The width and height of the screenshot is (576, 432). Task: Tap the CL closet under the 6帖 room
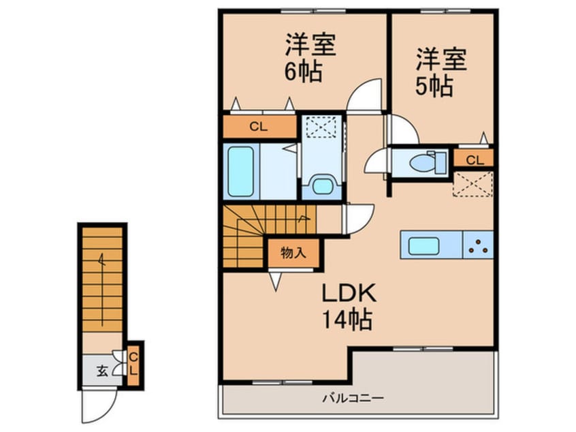pyautogui.click(x=258, y=126)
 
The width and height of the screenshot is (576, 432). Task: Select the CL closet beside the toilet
pyautogui.click(x=475, y=160)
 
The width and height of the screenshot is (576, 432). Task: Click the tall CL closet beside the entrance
pyautogui.click(x=134, y=365)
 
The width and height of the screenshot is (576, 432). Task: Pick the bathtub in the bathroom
pyautogui.click(x=240, y=170)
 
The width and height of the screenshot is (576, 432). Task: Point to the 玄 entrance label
pyautogui.click(x=101, y=371)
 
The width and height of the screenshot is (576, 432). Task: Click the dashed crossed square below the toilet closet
pyautogui.click(x=473, y=184)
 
